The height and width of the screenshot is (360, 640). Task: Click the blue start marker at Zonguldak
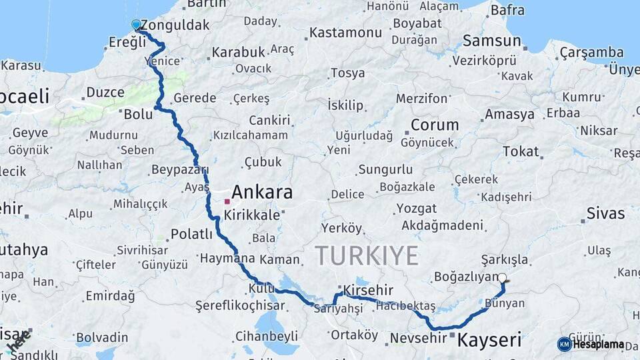136,25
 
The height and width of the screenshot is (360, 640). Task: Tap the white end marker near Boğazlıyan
502,278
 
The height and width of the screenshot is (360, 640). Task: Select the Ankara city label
262,193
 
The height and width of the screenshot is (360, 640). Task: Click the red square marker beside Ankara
227,201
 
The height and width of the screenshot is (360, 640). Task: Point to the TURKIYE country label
367,255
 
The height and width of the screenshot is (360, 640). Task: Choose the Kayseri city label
489,340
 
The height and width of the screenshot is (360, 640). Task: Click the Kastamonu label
345,32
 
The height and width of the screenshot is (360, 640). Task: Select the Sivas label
605,213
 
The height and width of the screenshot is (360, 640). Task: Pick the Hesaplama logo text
598,345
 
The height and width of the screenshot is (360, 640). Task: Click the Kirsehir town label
368,291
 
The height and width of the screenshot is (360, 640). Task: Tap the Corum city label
435,125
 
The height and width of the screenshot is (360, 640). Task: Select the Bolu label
139,114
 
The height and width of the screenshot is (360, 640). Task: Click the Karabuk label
238,51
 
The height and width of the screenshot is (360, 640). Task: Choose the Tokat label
521,151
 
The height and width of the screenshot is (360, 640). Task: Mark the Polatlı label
191,234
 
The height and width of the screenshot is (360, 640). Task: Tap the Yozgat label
417,209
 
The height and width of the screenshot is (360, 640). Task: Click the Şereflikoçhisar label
240,306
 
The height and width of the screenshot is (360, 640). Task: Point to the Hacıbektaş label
405,306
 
